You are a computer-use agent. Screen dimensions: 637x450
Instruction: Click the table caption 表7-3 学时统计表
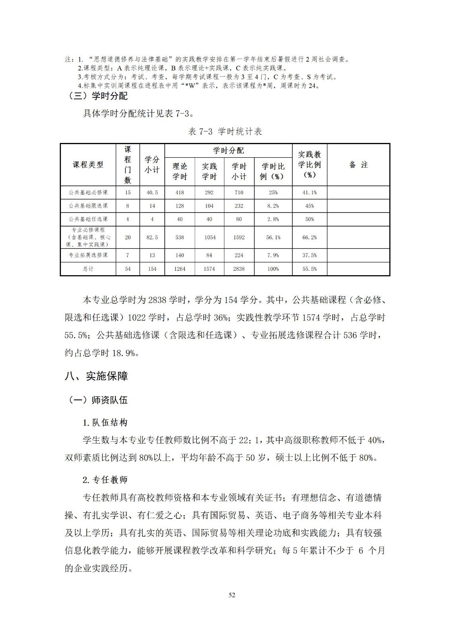click(x=225, y=132)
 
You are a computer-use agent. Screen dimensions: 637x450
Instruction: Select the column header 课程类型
click(x=88, y=164)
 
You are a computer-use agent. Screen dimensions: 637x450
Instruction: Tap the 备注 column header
click(x=358, y=164)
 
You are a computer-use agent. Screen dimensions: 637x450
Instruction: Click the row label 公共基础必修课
click(x=88, y=192)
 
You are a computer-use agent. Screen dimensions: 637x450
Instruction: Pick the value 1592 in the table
click(x=239, y=237)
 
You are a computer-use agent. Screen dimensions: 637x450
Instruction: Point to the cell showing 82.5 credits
click(x=152, y=237)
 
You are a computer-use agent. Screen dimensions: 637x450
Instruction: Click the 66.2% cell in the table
click(x=310, y=237)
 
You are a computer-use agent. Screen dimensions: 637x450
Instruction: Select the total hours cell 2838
click(x=239, y=269)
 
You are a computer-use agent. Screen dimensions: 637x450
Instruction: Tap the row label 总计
click(x=88, y=269)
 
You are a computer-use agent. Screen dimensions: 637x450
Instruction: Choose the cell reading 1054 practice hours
click(x=209, y=237)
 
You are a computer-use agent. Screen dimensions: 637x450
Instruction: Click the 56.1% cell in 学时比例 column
click(x=273, y=237)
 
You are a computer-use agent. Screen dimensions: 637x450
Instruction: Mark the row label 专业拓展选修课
click(x=88, y=255)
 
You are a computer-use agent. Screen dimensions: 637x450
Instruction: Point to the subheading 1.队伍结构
click(x=105, y=422)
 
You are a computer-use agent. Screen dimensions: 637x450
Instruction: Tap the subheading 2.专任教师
click(x=105, y=480)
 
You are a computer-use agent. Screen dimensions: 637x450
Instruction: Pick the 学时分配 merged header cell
click(x=228, y=150)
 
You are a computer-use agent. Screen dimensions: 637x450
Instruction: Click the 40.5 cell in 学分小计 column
click(x=152, y=192)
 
